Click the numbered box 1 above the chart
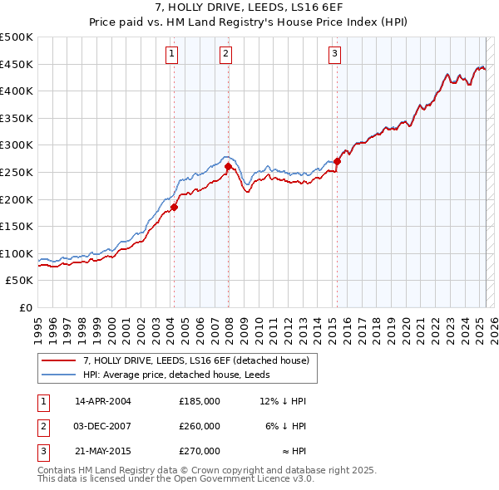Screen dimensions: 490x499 coord(170,55)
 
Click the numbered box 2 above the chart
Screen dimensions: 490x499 coord(225,55)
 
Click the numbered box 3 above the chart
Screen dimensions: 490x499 coord(334,55)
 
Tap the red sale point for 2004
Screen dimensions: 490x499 coord(175,207)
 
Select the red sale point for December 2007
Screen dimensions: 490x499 coord(228,166)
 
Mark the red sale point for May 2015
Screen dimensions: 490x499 coord(338,161)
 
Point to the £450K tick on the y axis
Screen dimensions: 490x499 coord(17,64)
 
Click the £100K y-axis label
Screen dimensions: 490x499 coord(17,253)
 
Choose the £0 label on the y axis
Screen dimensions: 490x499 coord(25,308)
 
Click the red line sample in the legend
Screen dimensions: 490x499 coord(59,360)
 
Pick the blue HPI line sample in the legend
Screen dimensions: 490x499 coord(59,375)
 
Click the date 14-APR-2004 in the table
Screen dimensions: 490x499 coord(103,401)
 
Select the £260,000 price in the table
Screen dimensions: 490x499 coord(200,426)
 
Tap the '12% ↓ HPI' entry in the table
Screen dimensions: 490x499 coord(284,401)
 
